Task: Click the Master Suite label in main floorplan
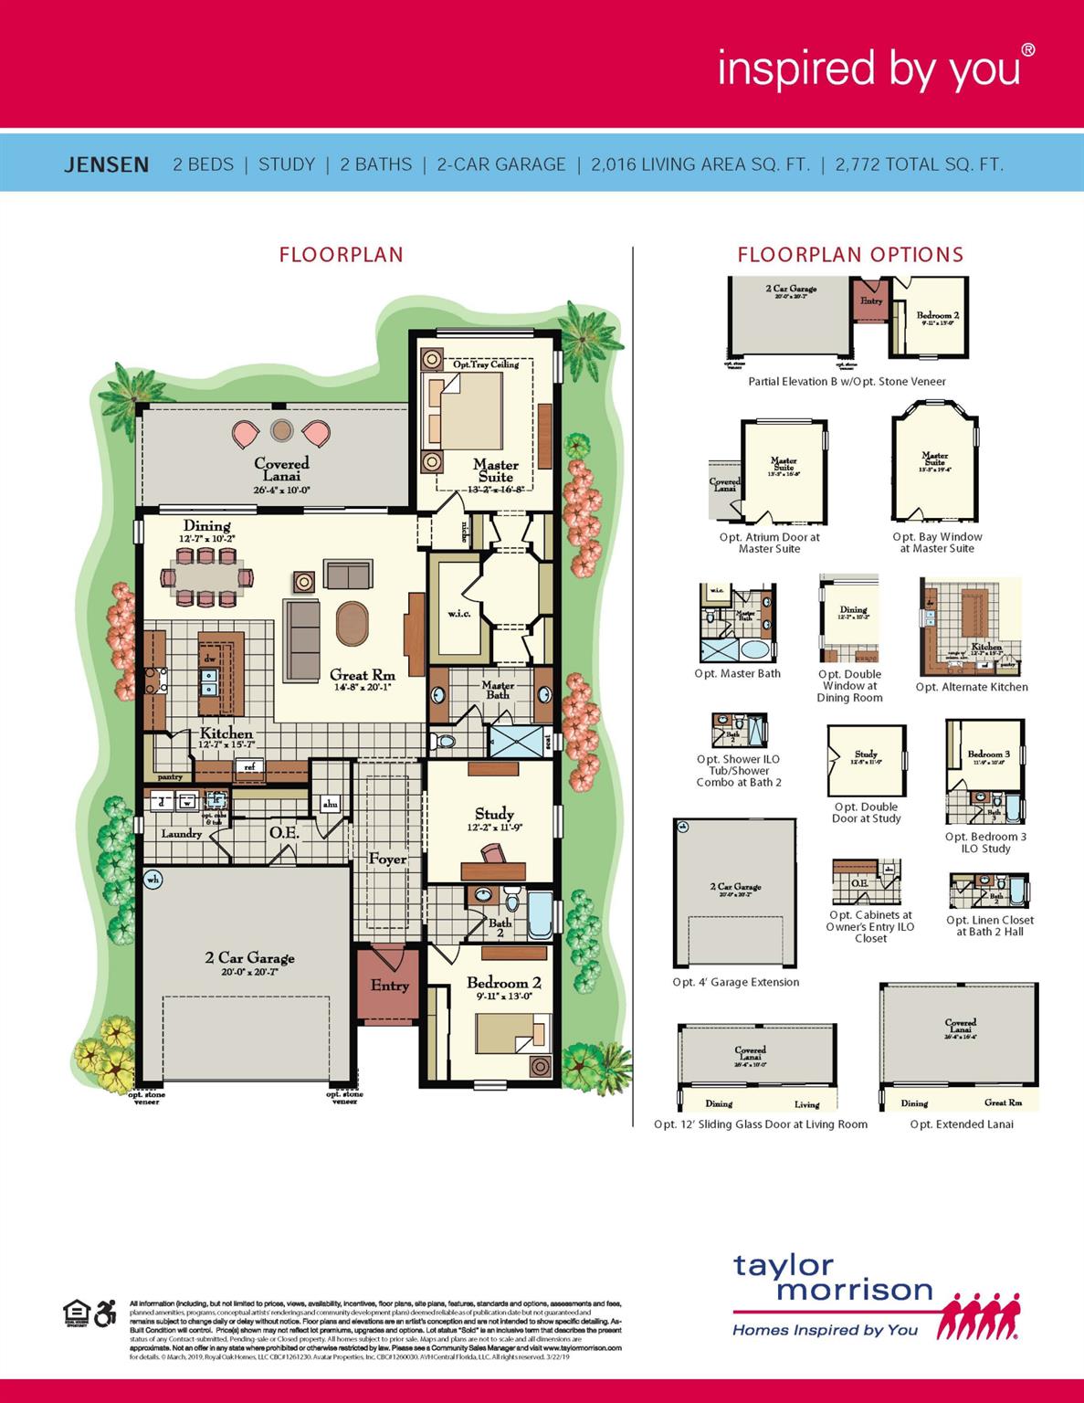pyautogui.click(x=495, y=470)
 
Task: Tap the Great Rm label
pyautogui.click(x=363, y=675)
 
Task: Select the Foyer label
pyautogui.click(x=387, y=859)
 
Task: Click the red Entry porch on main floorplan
pyautogui.click(x=389, y=986)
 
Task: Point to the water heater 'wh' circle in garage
pyautogui.click(x=153, y=880)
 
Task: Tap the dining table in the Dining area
pyautogui.click(x=207, y=577)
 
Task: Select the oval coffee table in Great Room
pyautogui.click(x=353, y=623)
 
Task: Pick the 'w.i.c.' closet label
pyautogui.click(x=458, y=613)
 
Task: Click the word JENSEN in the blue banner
pyautogui.click(x=106, y=165)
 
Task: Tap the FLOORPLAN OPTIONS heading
pyautogui.click(x=850, y=255)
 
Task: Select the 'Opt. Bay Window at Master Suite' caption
pyautogui.click(x=937, y=543)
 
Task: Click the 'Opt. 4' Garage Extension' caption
pyautogui.click(x=735, y=982)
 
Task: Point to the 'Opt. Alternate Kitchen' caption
pyautogui.click(x=972, y=687)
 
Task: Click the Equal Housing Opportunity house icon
pyautogui.click(x=75, y=1313)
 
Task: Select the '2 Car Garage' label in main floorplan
pyautogui.click(x=249, y=957)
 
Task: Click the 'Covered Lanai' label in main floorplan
pyautogui.click(x=281, y=469)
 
